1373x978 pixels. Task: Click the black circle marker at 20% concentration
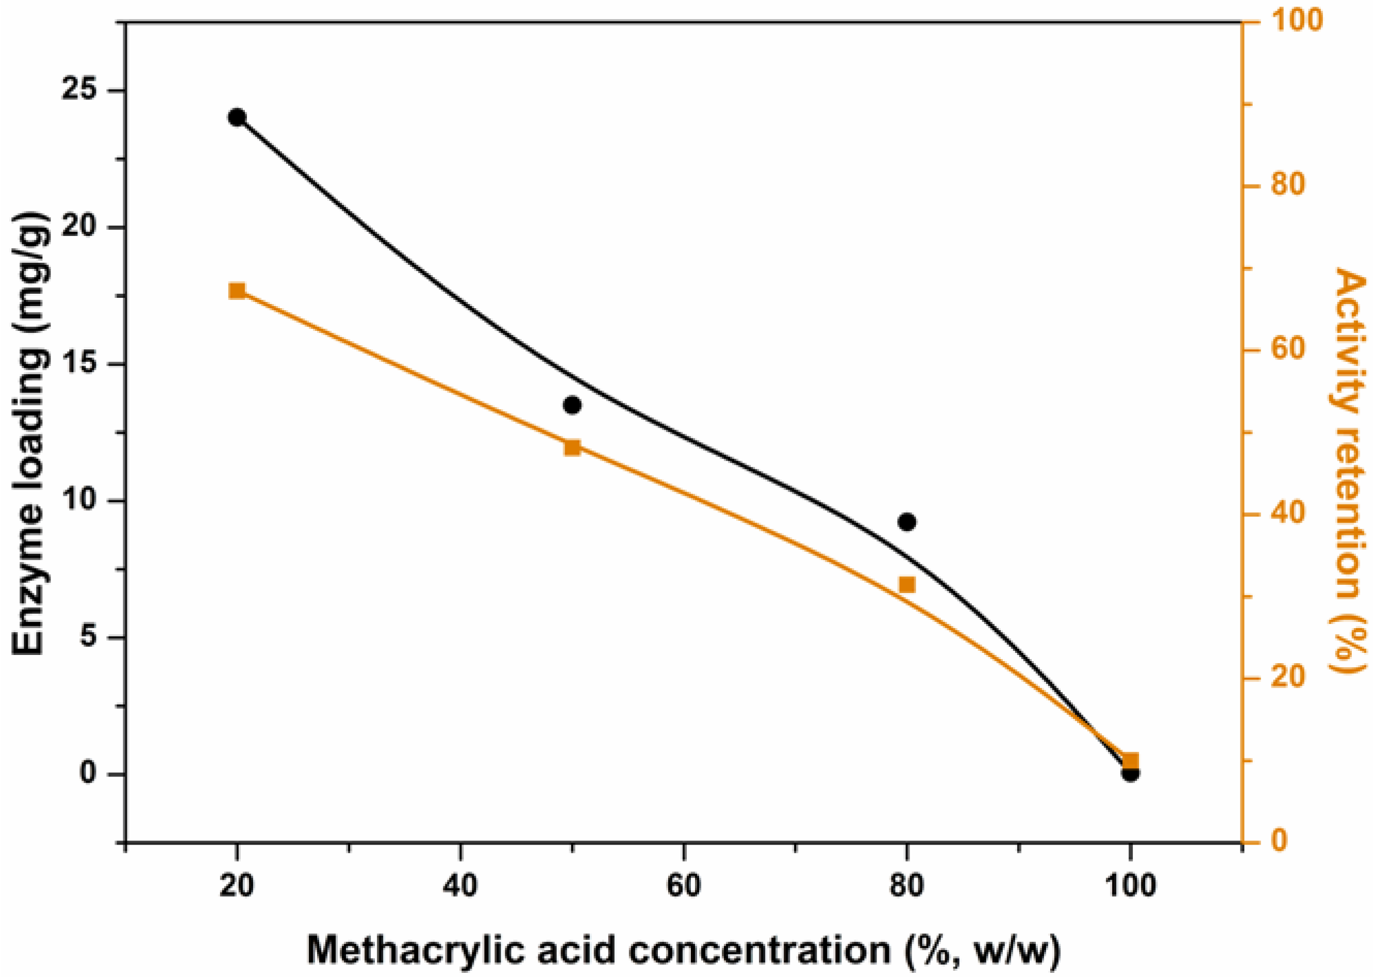(237, 117)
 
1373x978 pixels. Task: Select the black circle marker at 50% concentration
(572, 406)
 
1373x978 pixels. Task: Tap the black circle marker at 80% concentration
(907, 522)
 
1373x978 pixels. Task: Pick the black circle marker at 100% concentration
(1130, 774)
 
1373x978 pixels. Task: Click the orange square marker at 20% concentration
(237, 291)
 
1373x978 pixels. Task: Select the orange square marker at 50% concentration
(572, 447)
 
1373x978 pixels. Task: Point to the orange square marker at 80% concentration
(907, 585)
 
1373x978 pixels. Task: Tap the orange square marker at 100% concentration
(1130, 760)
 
